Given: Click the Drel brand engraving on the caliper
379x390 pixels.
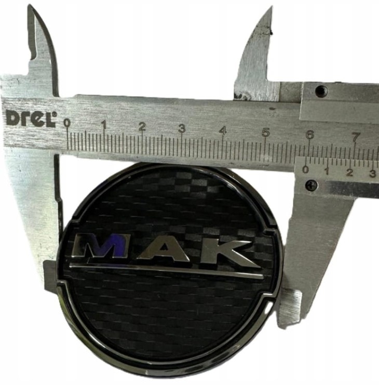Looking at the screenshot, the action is (x=31, y=119).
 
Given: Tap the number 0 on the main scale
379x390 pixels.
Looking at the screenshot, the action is (x=66, y=123).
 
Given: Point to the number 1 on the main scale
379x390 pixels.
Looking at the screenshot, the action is (x=104, y=125).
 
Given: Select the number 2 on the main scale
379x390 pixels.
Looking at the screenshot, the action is (x=142, y=127).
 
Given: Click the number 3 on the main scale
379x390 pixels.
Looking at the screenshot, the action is (x=182, y=128).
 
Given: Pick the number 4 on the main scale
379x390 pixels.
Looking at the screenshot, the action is (x=224, y=131).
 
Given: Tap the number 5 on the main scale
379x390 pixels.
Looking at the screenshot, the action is (x=265, y=133).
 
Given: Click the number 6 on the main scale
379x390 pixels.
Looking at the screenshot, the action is (x=310, y=135).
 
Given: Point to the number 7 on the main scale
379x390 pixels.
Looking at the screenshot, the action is (x=356, y=137).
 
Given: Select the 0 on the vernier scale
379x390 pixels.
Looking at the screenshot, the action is (x=305, y=170).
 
